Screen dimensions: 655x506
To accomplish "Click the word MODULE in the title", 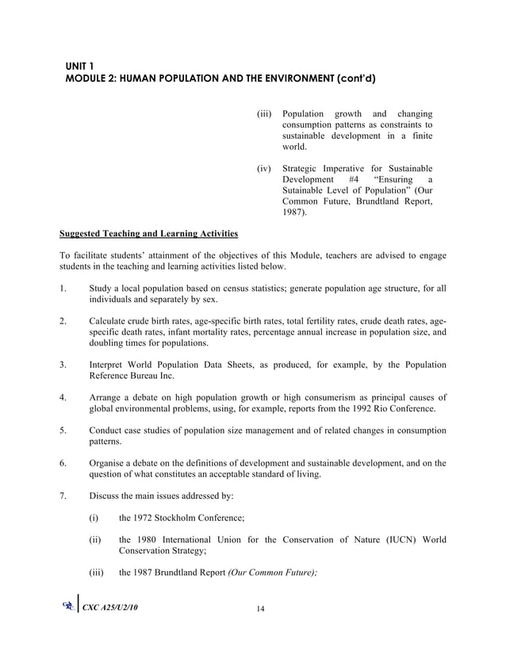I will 90,79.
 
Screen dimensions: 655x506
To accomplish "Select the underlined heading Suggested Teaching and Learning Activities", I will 148,234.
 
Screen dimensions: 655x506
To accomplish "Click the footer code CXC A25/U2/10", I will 115,630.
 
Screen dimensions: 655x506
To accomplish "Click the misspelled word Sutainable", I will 307,190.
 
